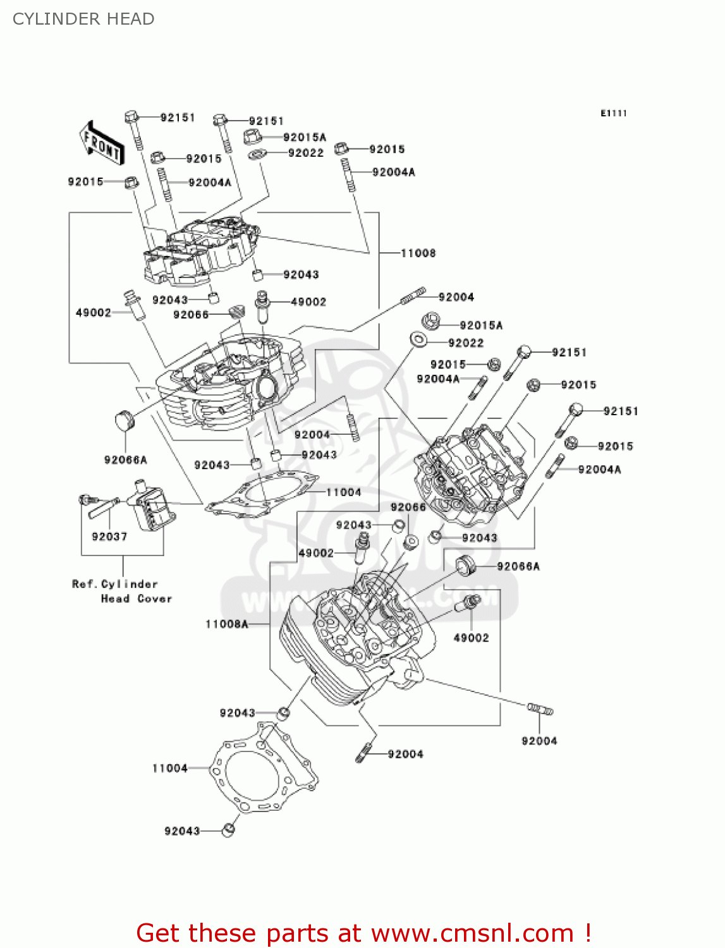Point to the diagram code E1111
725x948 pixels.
tap(613, 113)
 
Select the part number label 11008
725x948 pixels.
tap(418, 253)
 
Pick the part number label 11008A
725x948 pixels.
tap(226, 624)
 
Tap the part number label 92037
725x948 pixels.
tap(109, 537)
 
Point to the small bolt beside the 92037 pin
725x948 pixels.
tap(84, 500)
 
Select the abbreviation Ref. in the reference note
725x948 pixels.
tap(84, 584)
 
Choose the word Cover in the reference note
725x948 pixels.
tap(154, 599)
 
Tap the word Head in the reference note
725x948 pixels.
tap(115, 599)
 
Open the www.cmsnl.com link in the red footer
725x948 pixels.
tap(472, 933)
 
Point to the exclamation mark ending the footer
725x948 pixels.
tap(588, 933)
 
